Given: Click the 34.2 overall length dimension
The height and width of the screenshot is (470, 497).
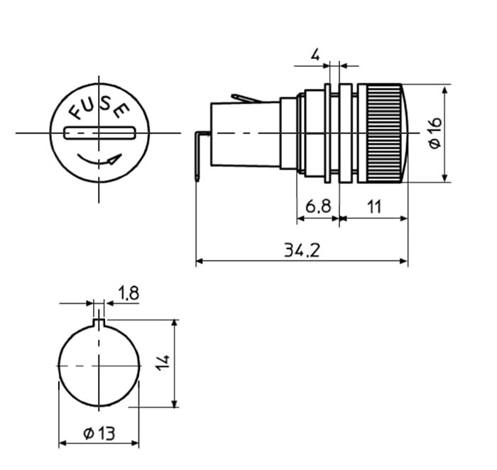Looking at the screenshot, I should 302,249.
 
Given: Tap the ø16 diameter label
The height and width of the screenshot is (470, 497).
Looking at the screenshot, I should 435,133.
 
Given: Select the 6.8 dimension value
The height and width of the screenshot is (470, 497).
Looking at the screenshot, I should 317,207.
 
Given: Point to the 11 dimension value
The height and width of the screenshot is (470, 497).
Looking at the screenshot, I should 374,207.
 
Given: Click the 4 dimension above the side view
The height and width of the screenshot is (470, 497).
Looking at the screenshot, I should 315,54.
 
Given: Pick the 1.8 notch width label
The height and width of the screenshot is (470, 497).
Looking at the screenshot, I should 128,293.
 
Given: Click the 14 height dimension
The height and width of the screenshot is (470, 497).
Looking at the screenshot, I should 163,363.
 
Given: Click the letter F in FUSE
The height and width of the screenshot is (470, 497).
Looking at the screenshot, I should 75,111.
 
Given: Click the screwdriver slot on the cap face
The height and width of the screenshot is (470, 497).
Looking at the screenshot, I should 99,133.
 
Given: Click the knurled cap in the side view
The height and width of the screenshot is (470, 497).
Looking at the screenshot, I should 382,133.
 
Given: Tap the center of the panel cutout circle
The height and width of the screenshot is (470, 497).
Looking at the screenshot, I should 99,366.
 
